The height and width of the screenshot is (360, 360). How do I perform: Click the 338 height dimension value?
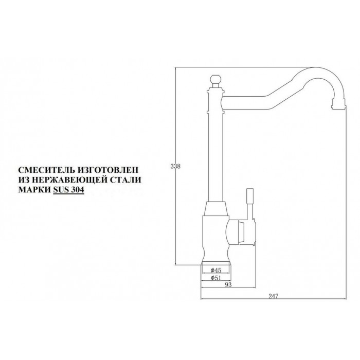(175, 167)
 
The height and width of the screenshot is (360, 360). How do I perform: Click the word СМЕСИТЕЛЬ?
(44, 169)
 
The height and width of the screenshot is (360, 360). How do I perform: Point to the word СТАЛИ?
(124, 179)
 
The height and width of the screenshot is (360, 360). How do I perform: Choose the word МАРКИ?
(34, 189)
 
